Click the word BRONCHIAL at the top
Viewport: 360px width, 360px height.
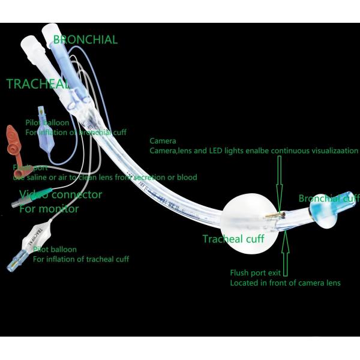pos(85,40)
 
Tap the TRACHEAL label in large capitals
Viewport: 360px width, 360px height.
pos(37,84)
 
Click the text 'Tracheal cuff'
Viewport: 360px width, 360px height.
pos(233,239)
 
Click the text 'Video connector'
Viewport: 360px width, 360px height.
pos(61,195)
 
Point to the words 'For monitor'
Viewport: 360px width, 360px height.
pos(49,209)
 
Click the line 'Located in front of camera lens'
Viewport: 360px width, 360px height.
pos(285,283)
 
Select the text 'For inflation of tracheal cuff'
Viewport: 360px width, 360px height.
pos(80,259)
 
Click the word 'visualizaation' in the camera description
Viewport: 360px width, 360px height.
pos(329,151)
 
